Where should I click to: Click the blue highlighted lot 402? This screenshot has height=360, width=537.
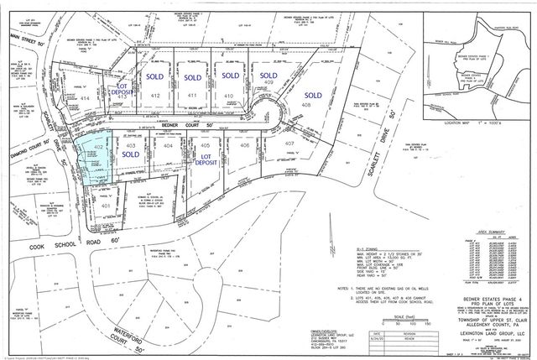(96, 157)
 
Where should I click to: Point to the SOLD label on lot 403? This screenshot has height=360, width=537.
(130, 154)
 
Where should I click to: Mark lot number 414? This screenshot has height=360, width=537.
(85, 98)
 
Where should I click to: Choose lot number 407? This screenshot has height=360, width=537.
(289, 144)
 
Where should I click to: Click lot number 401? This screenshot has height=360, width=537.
(106, 205)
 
